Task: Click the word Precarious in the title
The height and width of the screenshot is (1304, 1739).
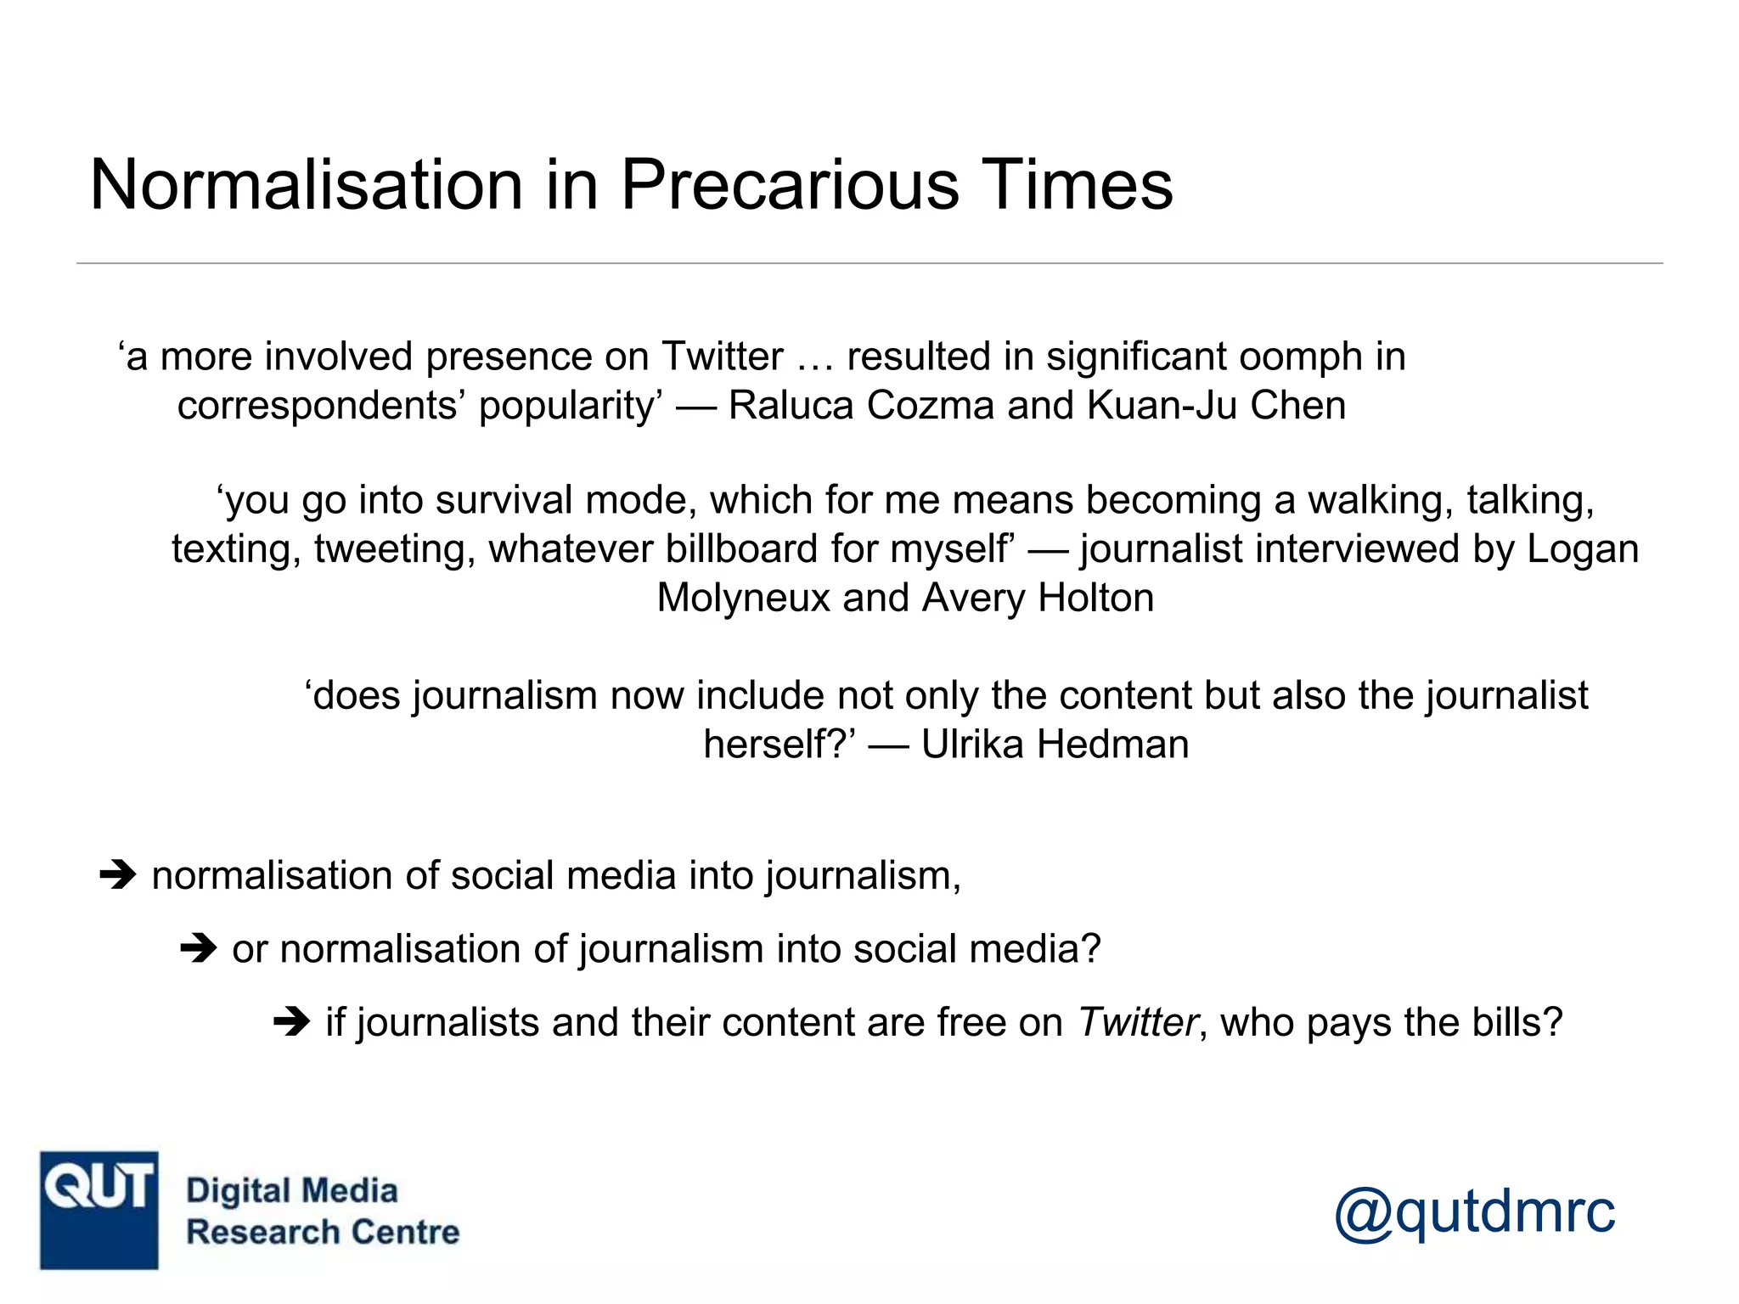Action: click(x=789, y=185)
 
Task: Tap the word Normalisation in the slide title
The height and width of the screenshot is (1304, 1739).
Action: click(x=306, y=185)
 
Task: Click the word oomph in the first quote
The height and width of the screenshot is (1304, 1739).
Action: click(x=1296, y=357)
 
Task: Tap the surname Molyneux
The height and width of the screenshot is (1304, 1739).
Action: click(x=743, y=599)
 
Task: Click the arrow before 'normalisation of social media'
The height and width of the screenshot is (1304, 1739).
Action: click(x=118, y=874)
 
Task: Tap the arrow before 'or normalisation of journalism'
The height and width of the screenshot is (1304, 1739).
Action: click(x=199, y=947)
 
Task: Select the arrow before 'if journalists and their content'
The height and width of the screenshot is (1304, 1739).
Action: click(x=292, y=1021)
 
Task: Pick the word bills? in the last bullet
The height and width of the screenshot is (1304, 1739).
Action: click(x=1517, y=1022)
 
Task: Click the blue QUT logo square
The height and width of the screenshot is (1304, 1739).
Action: click(x=99, y=1210)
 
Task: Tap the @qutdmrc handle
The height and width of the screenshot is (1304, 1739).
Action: click(x=1474, y=1211)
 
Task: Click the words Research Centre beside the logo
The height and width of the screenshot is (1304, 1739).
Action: click(x=323, y=1232)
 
